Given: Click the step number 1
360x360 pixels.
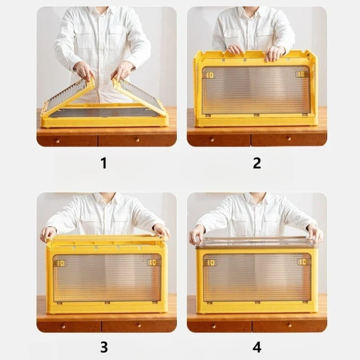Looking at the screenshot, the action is [103, 163].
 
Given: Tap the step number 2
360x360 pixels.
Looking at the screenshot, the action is [257, 163].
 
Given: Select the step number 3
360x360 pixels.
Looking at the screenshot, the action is [104, 347].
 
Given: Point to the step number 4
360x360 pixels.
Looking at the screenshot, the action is [257, 347].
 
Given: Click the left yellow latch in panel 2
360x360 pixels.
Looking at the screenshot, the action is [210, 75].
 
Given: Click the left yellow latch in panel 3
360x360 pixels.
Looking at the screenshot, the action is [61, 263].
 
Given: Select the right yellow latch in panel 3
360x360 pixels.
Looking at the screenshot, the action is [152, 262].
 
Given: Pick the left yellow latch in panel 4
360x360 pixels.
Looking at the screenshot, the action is [211, 262].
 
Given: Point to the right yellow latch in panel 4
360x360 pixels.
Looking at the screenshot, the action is [302, 262].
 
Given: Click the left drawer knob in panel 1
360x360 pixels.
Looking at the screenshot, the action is [58, 141].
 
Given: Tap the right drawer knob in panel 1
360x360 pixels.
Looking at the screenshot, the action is [137, 140].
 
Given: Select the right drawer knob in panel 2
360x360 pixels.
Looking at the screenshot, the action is [289, 139].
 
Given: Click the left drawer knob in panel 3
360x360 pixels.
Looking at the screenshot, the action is [63, 327].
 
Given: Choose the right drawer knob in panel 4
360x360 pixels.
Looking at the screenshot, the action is [289, 325].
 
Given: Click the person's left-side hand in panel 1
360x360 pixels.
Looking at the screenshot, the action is [84, 70].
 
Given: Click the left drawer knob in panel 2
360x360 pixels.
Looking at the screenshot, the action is [212, 139].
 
